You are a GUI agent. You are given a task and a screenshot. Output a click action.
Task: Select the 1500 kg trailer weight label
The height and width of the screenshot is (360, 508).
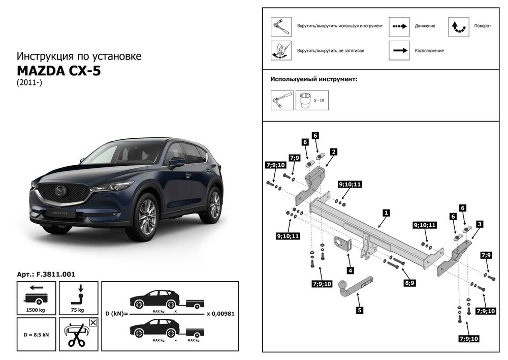tap(36, 310)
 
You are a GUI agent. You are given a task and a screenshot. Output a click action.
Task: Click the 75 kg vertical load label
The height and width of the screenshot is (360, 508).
tap(78, 310)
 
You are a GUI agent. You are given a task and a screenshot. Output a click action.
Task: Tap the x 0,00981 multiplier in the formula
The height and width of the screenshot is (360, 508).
tap(219, 313)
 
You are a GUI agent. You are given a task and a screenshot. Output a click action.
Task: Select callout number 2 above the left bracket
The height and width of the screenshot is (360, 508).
tap(334, 152)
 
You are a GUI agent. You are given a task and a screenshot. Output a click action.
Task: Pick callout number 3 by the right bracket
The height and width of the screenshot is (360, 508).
tap(480, 223)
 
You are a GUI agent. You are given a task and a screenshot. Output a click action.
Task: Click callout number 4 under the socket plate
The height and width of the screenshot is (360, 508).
tap(350, 271)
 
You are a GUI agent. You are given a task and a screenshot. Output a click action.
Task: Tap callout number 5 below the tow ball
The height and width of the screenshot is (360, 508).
tap(359, 309)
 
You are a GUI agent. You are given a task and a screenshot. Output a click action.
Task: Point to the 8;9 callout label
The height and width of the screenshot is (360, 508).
tap(408, 281)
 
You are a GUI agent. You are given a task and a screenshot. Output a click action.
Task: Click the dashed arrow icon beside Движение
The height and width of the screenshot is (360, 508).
tap(399, 26)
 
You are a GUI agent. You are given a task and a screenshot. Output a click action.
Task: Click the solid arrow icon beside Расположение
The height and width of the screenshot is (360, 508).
tap(399, 50)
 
